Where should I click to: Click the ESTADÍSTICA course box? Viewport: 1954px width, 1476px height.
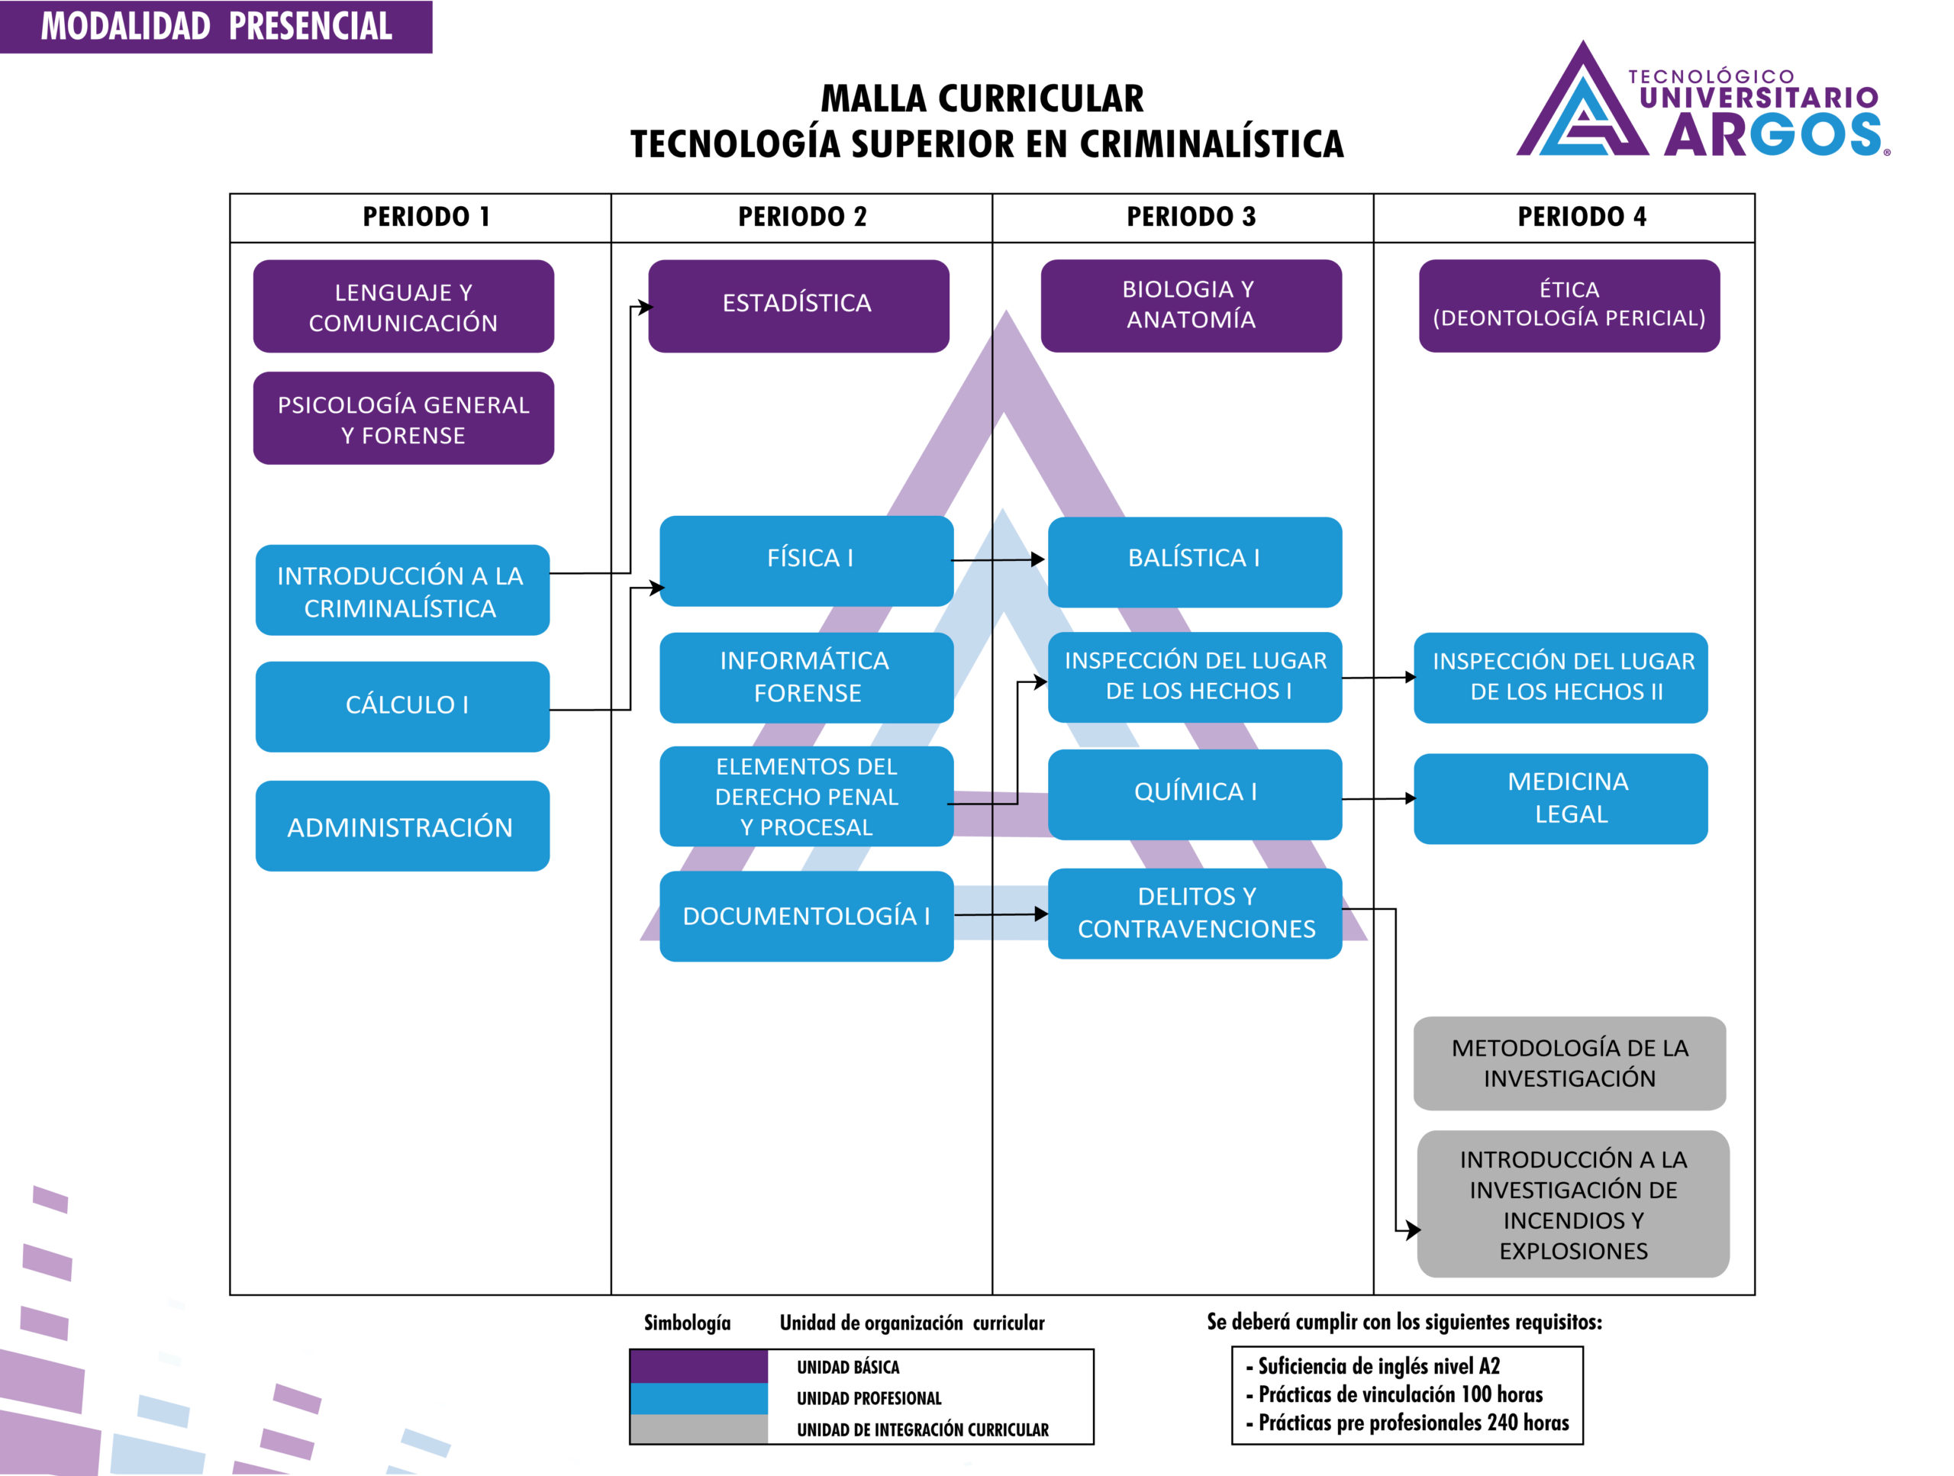point(798,305)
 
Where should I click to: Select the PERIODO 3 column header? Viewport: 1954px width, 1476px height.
point(1190,218)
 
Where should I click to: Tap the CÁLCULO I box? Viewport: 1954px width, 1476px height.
point(403,706)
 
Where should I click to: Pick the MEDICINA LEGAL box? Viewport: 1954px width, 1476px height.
point(1560,798)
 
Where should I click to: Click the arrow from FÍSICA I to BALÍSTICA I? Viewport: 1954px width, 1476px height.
point(998,559)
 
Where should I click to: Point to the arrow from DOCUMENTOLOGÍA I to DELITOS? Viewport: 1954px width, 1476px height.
point(1001,914)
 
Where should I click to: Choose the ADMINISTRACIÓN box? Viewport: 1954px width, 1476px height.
point(403,827)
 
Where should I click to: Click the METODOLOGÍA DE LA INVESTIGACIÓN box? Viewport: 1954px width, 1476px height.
point(1569,1062)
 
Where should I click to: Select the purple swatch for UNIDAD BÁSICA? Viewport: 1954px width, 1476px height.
point(698,1366)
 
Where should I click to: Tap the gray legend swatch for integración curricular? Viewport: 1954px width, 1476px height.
point(698,1429)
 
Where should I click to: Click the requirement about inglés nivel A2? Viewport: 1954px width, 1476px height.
point(1378,1366)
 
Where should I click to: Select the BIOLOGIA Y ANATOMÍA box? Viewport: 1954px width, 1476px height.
point(1191,305)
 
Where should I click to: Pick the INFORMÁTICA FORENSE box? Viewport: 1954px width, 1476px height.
point(805,678)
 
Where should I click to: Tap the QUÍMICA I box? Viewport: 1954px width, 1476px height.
point(1195,793)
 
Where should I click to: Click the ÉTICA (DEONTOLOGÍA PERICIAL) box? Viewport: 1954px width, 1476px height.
point(1569,305)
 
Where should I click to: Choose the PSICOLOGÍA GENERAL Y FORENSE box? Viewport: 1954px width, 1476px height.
point(403,419)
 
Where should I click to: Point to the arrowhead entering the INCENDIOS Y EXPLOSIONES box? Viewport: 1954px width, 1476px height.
point(1414,1229)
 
